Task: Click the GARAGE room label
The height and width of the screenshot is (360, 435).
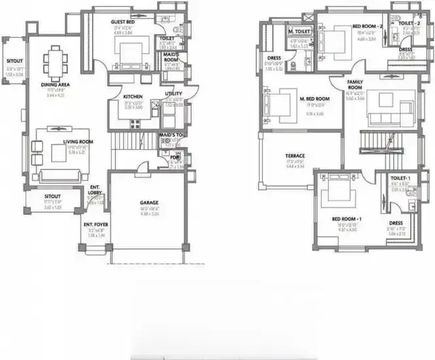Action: point(150,203)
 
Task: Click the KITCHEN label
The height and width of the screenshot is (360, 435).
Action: point(133,97)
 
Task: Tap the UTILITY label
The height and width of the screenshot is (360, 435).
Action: point(173,94)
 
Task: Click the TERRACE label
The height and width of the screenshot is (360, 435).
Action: point(294,156)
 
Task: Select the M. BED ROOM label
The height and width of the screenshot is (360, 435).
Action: point(314,98)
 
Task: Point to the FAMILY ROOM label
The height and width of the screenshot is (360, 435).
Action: point(355,83)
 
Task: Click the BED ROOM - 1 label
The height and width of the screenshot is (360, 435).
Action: point(343,218)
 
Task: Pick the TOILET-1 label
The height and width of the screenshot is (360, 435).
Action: point(400,177)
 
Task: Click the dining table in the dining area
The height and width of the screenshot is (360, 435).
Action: point(54,63)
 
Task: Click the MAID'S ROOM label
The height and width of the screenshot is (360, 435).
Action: point(172,58)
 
